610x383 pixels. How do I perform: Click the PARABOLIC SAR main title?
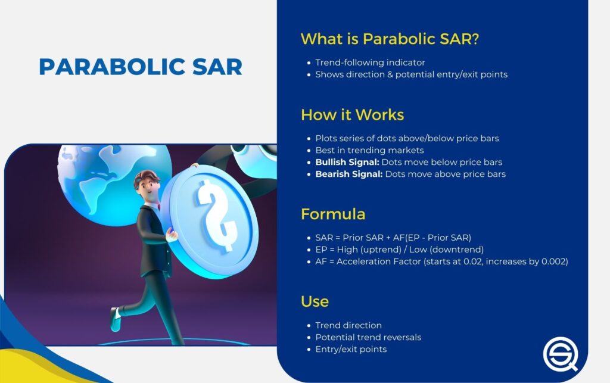(141, 66)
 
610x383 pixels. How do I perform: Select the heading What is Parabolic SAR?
(390, 39)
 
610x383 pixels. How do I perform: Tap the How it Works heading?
(352, 114)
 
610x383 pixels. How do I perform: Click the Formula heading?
(333, 214)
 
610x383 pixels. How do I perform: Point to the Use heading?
(315, 301)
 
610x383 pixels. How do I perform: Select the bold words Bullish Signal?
(347, 162)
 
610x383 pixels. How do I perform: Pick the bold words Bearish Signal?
(348, 174)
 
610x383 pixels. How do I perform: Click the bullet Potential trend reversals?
(368, 337)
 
